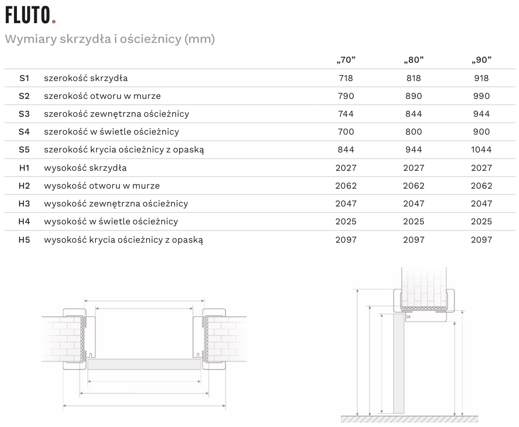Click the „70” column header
(346, 60)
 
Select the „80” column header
(414, 60)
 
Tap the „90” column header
(481, 60)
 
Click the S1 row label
(24, 78)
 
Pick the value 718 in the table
(346, 78)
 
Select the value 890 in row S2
(414, 96)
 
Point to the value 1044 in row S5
(481, 150)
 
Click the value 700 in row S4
(346, 132)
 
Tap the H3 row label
(24, 204)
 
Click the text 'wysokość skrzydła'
(85, 168)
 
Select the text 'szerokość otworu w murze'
(102, 96)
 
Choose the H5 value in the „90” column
(481, 239)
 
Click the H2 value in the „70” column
(346, 186)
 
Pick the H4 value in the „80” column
(414, 221)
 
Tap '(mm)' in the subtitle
(199, 39)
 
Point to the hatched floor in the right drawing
(410, 419)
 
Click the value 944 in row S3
(481, 114)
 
